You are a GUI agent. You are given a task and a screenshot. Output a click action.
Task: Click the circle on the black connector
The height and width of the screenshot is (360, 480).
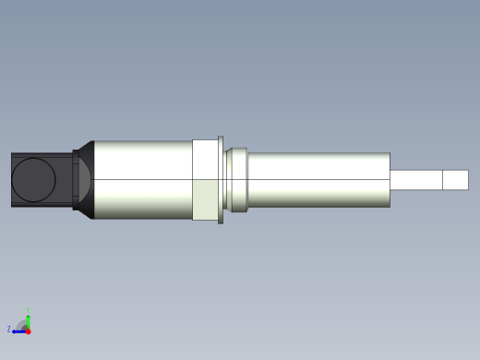pos(34,180)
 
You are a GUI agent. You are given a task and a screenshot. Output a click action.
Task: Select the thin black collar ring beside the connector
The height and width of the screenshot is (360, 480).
pos(76,180)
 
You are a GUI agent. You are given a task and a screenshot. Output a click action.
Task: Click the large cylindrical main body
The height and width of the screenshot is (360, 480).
pos(143,180)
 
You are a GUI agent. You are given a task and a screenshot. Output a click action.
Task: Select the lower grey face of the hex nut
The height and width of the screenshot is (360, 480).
pos(205,199)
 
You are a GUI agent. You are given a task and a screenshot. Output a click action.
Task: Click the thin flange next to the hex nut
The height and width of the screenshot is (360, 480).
pos(221,180)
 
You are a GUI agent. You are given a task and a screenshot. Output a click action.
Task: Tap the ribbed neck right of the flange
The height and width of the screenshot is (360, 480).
pos(237,180)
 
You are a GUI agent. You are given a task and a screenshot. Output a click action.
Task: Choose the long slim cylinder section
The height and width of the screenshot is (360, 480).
pos(318,180)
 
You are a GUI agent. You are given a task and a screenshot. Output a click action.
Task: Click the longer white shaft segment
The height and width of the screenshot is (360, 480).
pos(415,180)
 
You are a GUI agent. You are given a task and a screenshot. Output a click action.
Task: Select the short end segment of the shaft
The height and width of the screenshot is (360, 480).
pos(455,180)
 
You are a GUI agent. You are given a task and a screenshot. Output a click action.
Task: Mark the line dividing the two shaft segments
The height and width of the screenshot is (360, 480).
pos(442,180)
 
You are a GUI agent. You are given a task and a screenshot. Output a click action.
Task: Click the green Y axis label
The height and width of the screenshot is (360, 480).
pos(29,310)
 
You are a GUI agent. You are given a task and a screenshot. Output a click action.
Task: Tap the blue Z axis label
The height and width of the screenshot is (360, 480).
pos(9,329)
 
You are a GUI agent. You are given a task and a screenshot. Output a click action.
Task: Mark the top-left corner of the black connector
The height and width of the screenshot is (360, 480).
pos(12,153)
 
